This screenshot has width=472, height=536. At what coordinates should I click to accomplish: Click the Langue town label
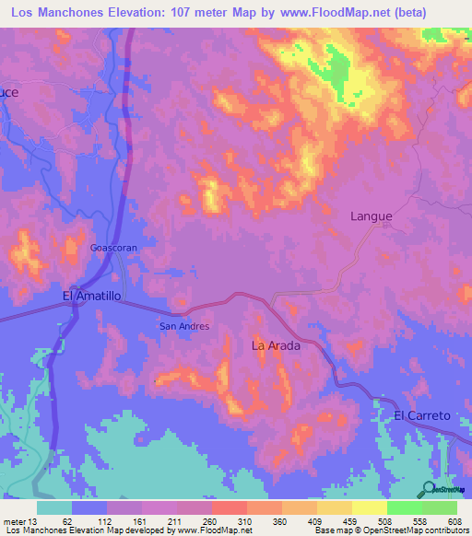[x=372, y=216]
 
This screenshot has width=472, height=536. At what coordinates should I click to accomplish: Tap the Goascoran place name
[x=113, y=249]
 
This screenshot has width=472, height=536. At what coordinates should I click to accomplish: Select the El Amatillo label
[x=91, y=297]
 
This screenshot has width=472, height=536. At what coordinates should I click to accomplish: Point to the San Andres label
[x=184, y=326]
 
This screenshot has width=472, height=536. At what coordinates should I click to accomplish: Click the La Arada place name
[x=276, y=345]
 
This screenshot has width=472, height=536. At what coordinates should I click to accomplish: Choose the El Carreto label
[x=422, y=415]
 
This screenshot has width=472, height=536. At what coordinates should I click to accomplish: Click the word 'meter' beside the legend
[x=13, y=520]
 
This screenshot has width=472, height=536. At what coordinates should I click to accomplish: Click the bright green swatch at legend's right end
[x=439, y=507]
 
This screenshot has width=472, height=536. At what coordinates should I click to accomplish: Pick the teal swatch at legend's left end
[x=54, y=507]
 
